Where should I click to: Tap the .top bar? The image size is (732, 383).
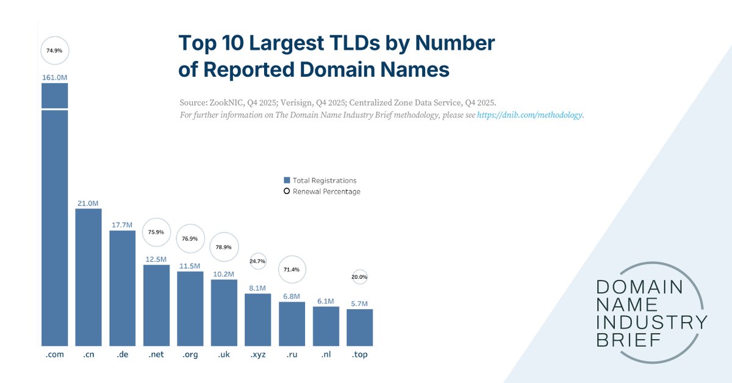(x=360, y=328)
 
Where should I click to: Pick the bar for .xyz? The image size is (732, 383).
(x=258, y=320)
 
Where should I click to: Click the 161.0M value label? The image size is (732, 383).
(x=54, y=77)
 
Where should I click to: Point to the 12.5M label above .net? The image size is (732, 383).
(x=156, y=259)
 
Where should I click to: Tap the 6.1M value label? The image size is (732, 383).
(x=326, y=301)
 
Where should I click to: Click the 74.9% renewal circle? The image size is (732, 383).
(x=54, y=51)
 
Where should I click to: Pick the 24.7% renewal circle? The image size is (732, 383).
(x=258, y=261)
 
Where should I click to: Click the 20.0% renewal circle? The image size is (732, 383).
(x=360, y=277)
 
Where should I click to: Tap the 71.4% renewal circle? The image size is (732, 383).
(x=292, y=269)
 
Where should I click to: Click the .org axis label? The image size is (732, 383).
(x=190, y=355)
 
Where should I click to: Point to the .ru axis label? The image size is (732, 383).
(x=292, y=355)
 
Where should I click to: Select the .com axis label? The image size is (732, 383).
(x=54, y=355)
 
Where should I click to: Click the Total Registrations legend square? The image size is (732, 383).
(x=287, y=181)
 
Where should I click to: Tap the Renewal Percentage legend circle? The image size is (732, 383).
(x=287, y=191)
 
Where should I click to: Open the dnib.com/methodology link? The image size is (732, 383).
(x=529, y=115)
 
